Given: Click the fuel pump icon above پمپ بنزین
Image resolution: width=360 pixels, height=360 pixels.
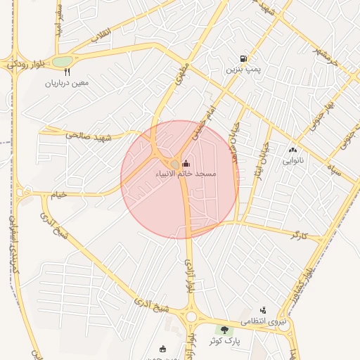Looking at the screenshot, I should click(243, 59).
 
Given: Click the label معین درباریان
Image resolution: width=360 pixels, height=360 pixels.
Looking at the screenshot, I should click(67, 83).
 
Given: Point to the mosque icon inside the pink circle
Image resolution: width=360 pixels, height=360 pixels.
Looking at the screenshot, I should click(186, 164).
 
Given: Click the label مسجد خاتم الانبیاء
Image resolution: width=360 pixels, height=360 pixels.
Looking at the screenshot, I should click(186, 173).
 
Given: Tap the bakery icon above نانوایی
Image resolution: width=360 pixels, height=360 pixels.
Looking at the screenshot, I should click(292, 150).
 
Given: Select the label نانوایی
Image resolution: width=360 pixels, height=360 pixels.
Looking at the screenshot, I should click(293, 161).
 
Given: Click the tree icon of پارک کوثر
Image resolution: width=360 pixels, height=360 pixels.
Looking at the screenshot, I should click(225, 330).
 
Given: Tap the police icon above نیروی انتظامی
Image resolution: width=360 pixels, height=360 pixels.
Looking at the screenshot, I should click(263, 309).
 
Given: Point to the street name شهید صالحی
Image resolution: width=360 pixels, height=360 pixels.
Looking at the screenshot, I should click(89, 134).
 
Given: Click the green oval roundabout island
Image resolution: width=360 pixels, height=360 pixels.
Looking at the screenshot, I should click(62, 61).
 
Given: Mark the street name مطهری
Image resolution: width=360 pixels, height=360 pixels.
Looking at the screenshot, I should click(178, 75).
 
